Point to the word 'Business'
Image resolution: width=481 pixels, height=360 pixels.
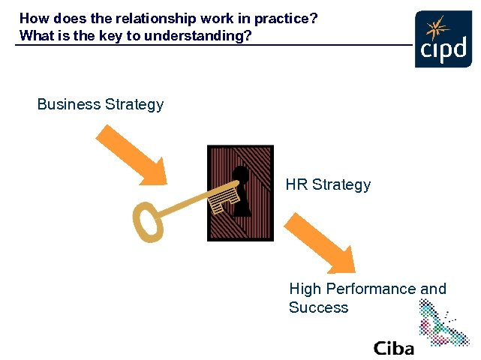point(68,104)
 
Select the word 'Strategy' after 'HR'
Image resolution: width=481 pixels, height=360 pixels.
point(341,184)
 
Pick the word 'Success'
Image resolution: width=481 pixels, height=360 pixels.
point(318,307)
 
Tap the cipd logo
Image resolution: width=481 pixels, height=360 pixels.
point(443,40)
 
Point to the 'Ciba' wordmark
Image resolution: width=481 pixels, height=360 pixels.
point(393,348)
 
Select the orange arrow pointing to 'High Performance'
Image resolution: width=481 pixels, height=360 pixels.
point(321,242)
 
